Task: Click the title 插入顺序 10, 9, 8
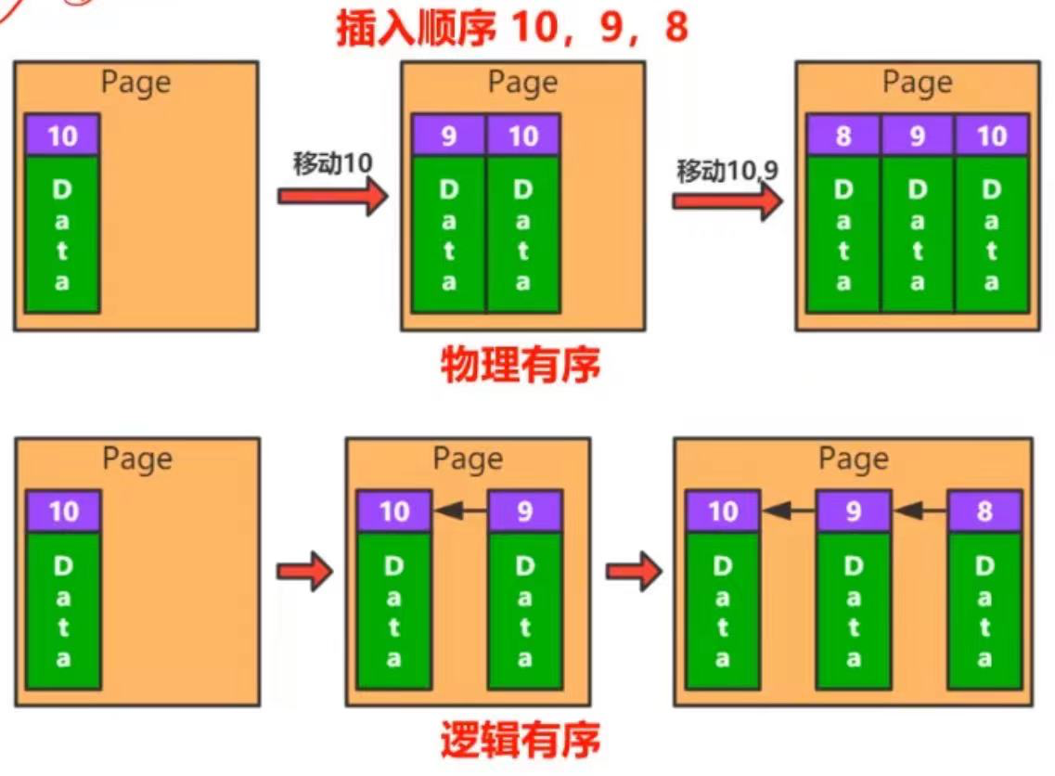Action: [512, 28]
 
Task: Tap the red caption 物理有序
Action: [520, 365]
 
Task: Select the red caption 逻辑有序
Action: [520, 740]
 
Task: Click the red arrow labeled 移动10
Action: [332, 197]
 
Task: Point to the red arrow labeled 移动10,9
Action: [727, 201]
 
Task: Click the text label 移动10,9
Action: [727, 171]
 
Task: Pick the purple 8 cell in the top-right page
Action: [843, 136]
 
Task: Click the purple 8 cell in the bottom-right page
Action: [984, 511]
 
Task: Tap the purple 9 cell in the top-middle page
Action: [449, 136]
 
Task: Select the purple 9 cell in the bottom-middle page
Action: [524, 511]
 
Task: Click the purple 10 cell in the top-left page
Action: [62, 136]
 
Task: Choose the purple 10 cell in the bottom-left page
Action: [63, 511]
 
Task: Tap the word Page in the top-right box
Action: [917, 83]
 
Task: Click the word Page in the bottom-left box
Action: [136, 459]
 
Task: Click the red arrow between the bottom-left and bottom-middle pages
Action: [304, 571]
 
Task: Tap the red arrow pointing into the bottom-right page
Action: [634, 571]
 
